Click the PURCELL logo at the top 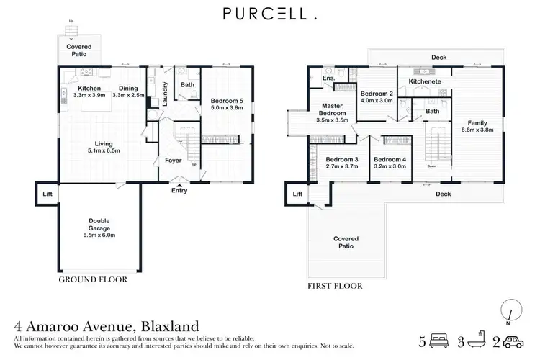tap(270, 13)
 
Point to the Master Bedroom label tap(332, 112)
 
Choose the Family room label tap(476, 122)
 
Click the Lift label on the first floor tap(297, 194)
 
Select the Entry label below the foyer tap(179, 190)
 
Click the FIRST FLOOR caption tap(335, 286)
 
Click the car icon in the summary tap(516, 341)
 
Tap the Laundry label tap(165, 94)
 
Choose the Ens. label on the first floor tap(329, 78)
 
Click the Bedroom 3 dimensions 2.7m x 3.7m tap(341, 166)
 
